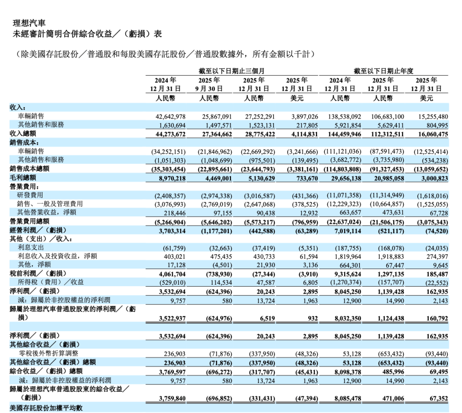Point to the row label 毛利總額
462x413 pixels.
coord(23,177)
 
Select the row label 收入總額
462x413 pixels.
coord(23,133)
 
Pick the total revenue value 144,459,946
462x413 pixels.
coord(343,134)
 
